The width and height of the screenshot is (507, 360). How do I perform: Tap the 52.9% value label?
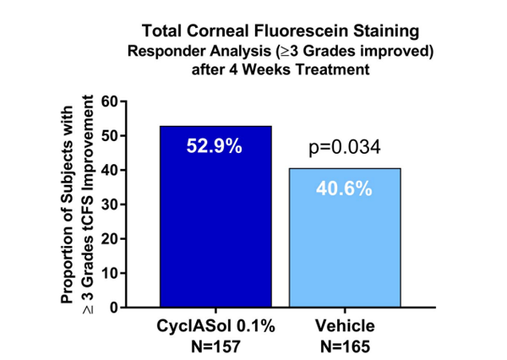(x=215, y=146)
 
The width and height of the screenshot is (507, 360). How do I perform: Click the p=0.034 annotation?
(x=343, y=148)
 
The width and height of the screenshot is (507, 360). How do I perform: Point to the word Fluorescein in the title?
(x=299, y=31)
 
